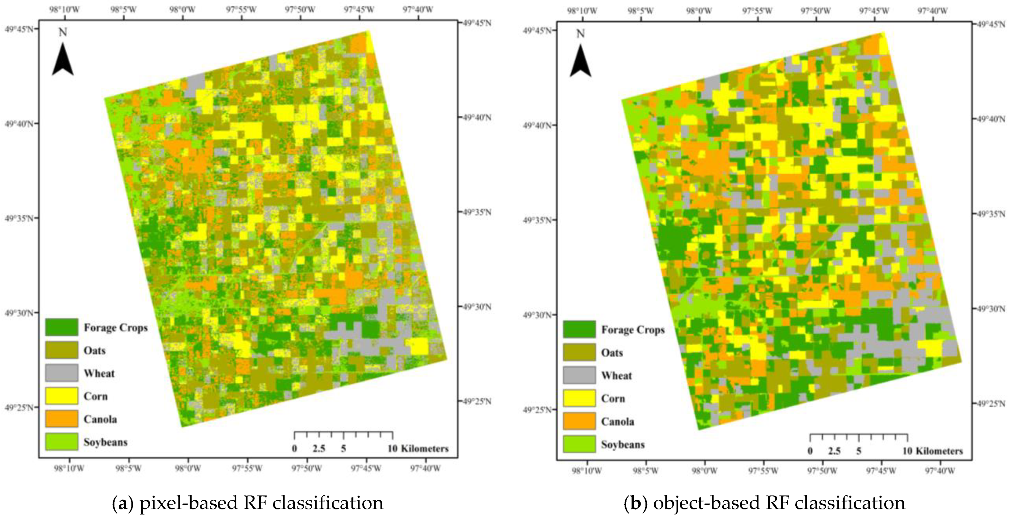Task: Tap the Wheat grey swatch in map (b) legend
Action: (x=579, y=375)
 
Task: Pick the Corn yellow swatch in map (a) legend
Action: (x=62, y=396)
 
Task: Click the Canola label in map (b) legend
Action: (x=617, y=421)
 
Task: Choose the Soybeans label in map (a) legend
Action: (x=105, y=442)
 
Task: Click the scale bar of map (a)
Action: (x=343, y=435)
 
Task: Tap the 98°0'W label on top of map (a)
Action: (x=182, y=9)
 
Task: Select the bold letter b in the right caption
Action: (x=635, y=503)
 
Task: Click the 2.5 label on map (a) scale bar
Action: (x=319, y=449)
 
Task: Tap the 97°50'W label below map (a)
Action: (x=306, y=468)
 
